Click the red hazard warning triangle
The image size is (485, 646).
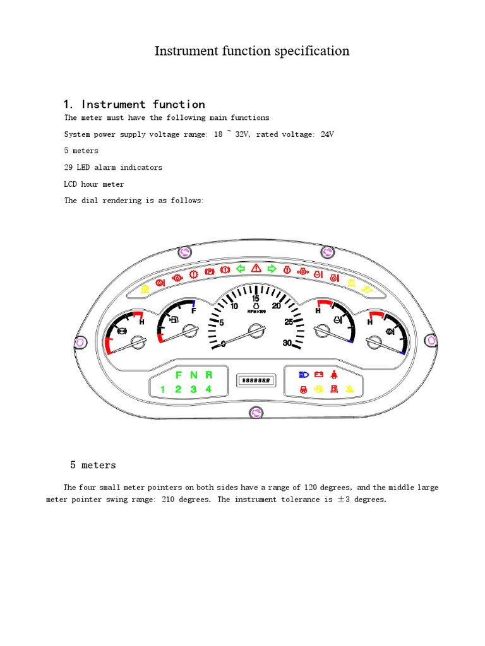256,268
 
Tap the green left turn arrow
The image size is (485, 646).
241,269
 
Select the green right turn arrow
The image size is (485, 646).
272,269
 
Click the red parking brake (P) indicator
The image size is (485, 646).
210,271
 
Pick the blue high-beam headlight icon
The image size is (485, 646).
304,375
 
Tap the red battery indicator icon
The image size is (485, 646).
319,374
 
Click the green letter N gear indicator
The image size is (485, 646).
194,375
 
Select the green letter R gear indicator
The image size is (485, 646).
208,375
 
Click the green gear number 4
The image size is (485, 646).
208,389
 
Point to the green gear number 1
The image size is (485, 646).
162,389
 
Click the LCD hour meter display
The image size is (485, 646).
256,380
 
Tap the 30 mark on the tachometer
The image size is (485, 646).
287,343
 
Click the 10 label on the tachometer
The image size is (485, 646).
234,306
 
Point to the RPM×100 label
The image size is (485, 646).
256,312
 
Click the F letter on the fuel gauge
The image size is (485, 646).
194,311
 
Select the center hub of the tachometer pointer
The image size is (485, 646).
256,331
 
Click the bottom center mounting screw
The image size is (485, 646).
256,413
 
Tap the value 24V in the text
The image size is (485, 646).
327,134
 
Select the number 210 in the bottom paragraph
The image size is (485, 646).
168,500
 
